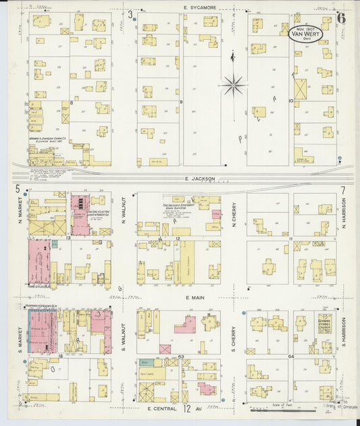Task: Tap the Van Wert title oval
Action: pos(306,33)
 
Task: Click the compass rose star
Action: pos(232,84)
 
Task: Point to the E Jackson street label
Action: pos(199,179)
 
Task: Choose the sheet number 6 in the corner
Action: pos(341,18)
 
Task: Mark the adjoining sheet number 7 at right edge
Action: pos(343,190)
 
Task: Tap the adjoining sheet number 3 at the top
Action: pos(130,14)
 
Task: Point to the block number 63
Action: pos(181,356)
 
